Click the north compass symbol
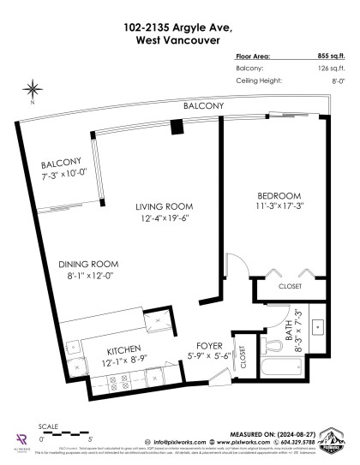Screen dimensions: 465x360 point(33,88)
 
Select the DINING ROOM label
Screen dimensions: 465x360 point(76,263)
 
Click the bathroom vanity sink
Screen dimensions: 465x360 point(317,326)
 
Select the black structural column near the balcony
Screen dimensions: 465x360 point(176,127)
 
